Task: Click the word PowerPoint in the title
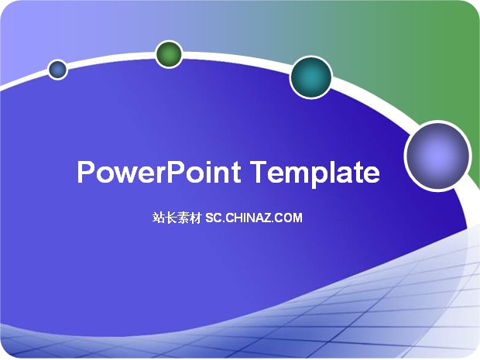159,172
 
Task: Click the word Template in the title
315,173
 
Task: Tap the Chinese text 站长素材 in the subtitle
177,218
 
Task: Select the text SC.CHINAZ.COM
254,218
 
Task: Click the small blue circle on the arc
57,70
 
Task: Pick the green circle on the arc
169,54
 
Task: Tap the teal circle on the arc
311,77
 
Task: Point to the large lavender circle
437,156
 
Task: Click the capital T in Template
259,172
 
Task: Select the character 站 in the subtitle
159,218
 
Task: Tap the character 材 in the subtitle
195,218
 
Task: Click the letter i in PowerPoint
208,172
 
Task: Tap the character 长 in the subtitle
171,218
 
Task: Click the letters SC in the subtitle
214,218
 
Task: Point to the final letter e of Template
372,175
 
